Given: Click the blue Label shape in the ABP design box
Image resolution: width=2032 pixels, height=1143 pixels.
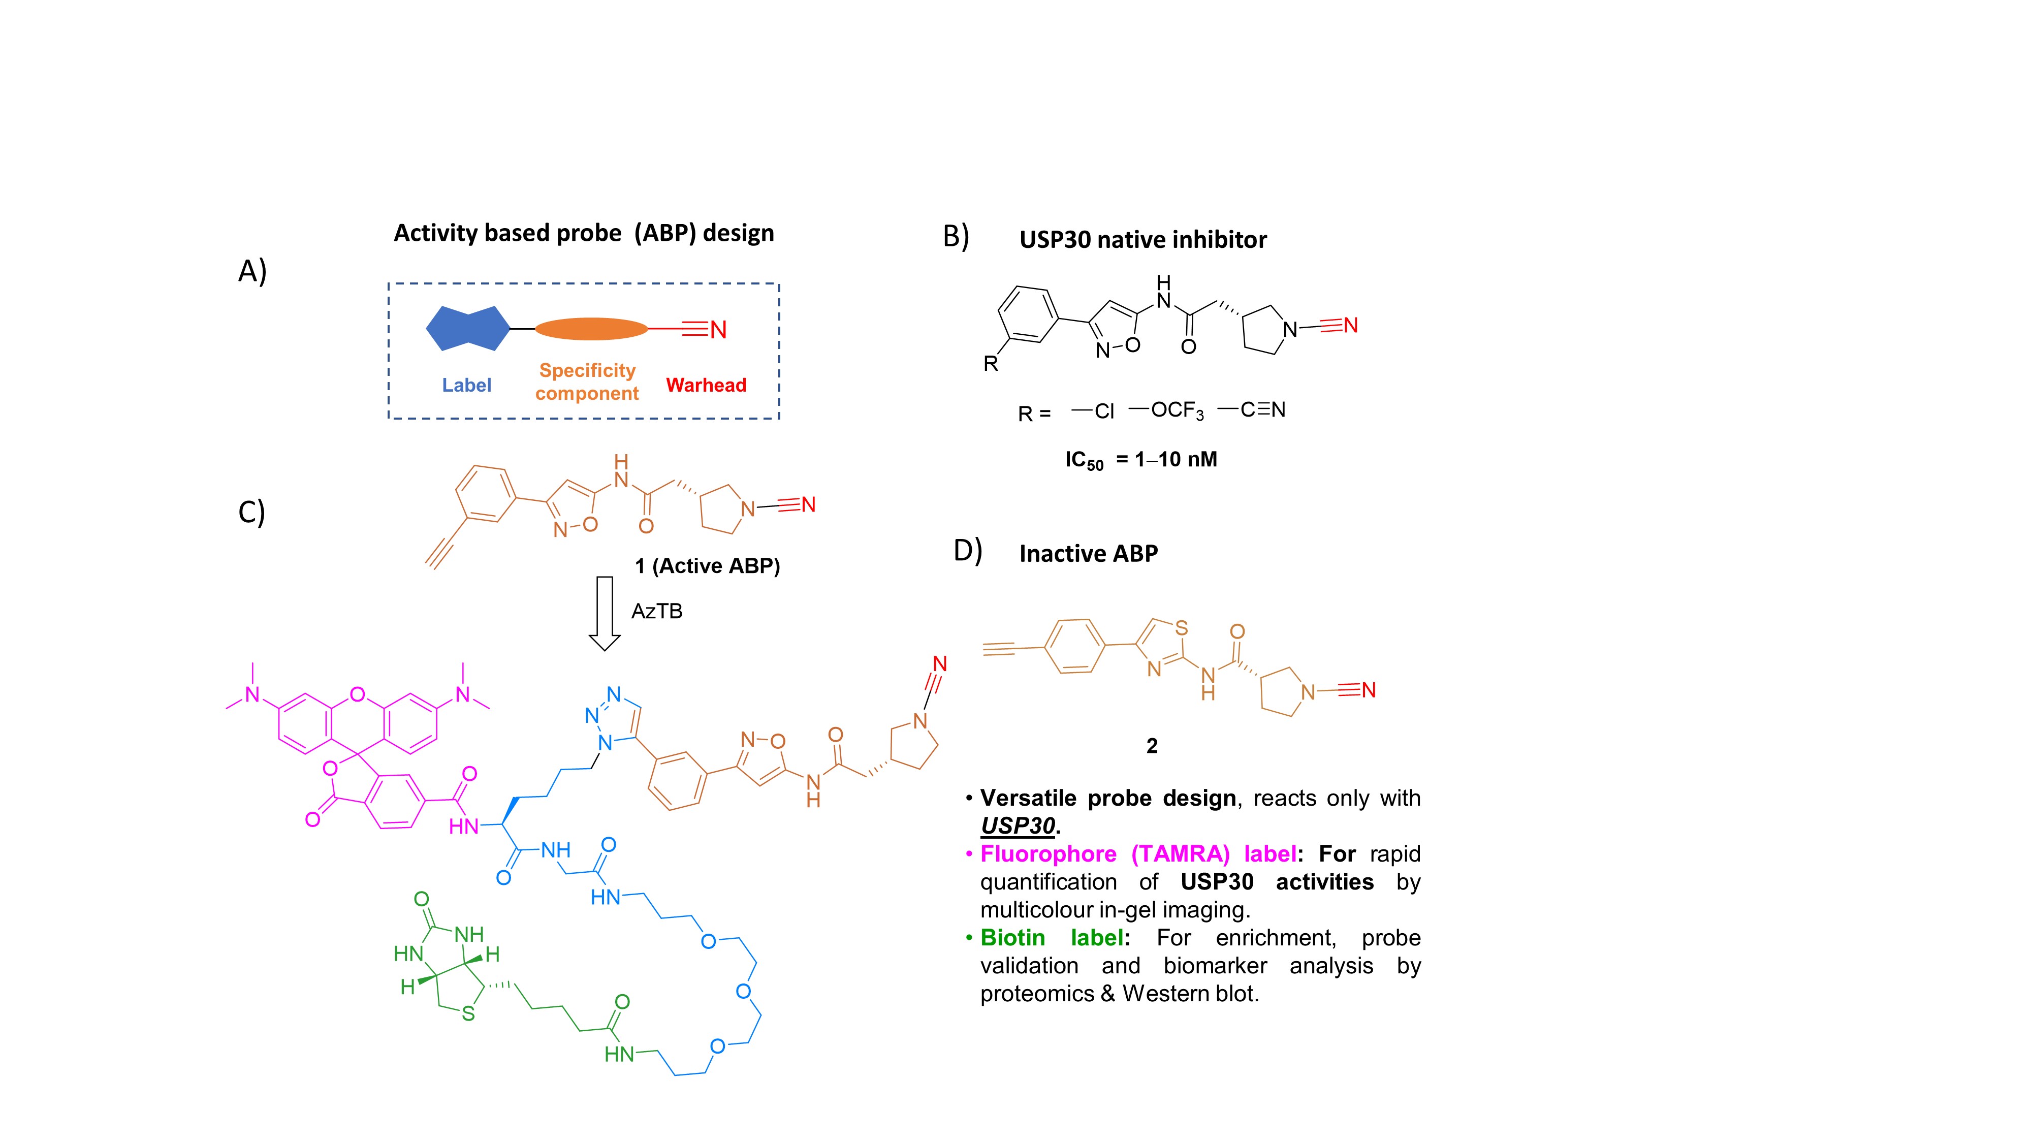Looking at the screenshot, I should coord(468,328).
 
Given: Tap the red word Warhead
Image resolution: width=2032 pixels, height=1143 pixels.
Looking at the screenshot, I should coord(706,385).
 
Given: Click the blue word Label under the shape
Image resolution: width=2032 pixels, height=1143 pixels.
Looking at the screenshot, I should coord(466,385).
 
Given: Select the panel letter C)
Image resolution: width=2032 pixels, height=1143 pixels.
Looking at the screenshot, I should coord(251,512).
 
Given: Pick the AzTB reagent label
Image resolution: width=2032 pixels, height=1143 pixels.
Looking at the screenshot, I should coord(656,611).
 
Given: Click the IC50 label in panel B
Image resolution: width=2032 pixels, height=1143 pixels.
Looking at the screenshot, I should coord(1084,461).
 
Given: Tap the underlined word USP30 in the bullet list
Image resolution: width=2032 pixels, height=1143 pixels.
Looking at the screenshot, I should coord(1018,826).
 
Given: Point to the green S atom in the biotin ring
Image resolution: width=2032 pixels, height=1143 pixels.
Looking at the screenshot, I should coord(468,1013).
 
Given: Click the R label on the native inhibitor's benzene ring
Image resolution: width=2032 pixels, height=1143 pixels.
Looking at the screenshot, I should coord(991,364).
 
